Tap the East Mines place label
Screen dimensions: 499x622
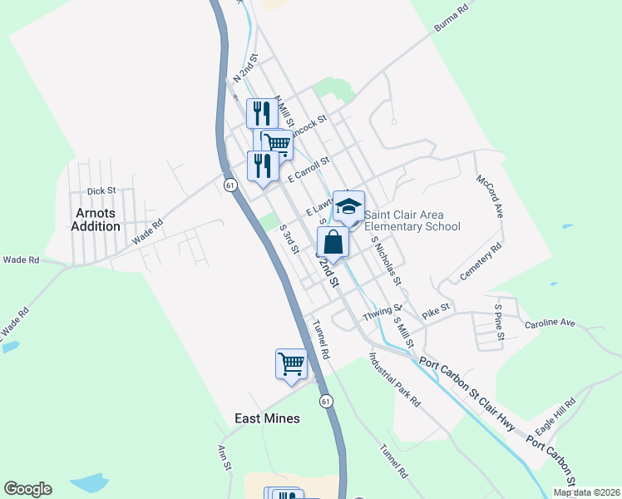[267, 418]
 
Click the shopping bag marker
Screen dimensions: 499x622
[333, 244]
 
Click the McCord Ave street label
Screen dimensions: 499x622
[490, 196]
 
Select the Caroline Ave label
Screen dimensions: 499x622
[550, 322]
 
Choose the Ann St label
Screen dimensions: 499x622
[223, 458]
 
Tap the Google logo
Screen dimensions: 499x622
[27, 489]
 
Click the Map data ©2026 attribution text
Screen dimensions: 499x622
[586, 492]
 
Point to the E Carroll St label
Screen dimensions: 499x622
[309, 169]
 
